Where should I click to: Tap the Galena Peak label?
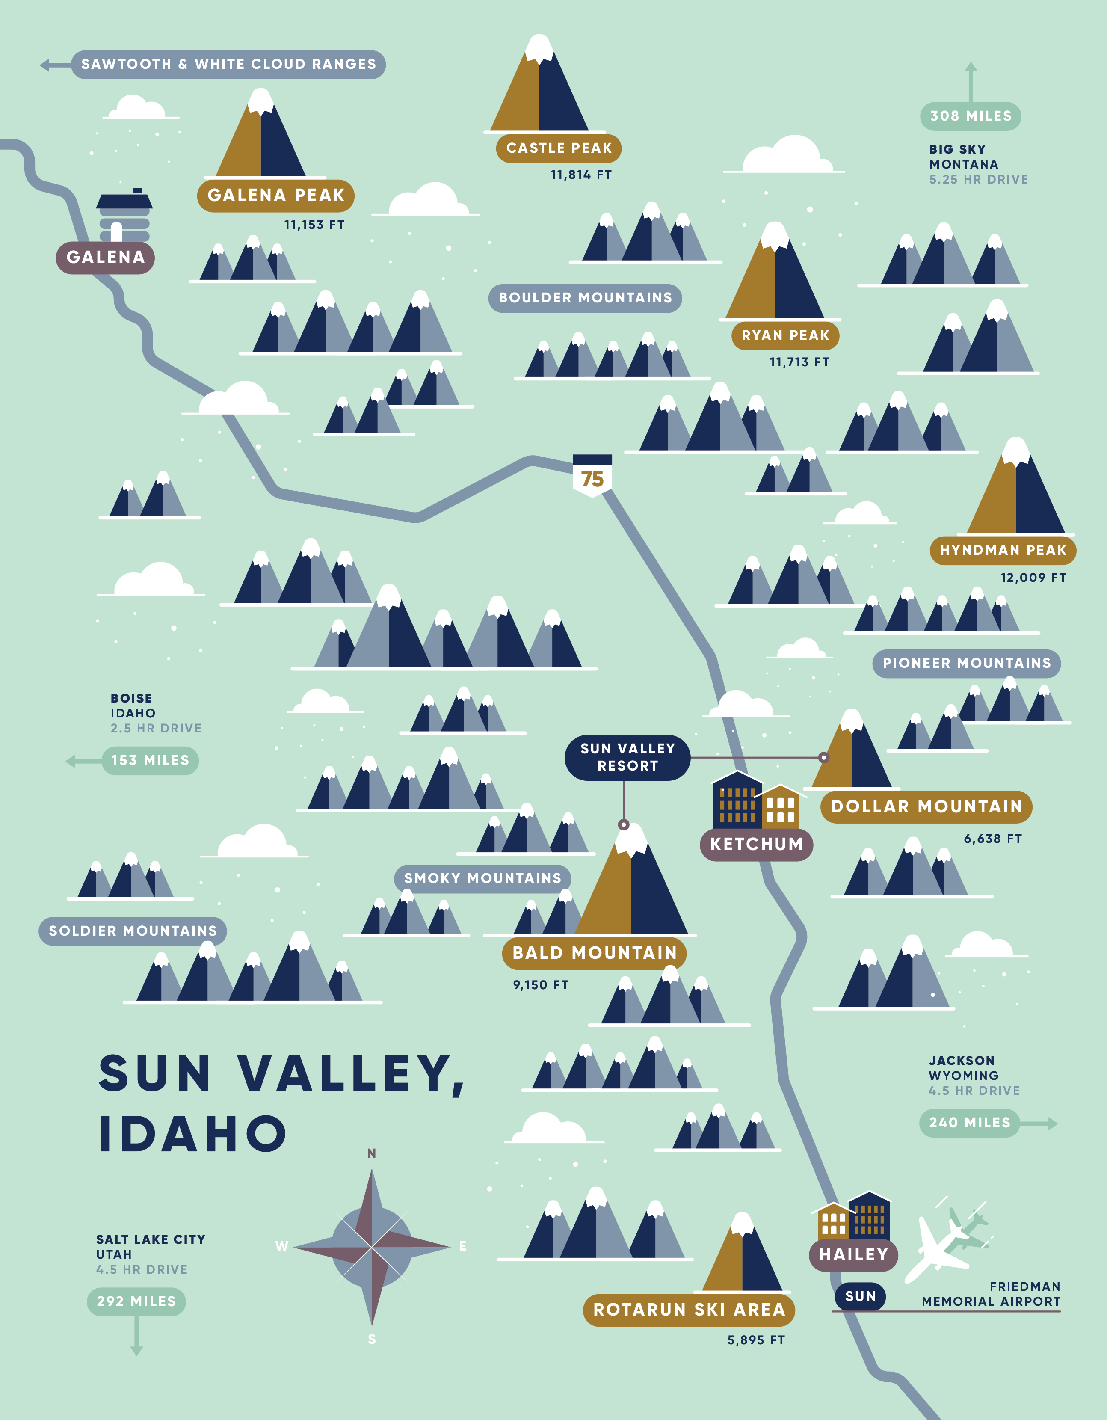point(275,195)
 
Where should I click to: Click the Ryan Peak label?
point(785,335)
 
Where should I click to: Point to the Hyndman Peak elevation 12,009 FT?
point(1033,577)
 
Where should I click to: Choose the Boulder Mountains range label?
point(585,298)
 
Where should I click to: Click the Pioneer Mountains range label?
point(966,663)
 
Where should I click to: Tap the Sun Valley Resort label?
point(627,757)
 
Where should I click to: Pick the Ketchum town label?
point(756,844)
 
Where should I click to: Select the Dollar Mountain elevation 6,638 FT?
point(993,839)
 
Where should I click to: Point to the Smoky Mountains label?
point(482,878)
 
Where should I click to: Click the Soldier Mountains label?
point(133,931)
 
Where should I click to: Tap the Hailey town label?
point(853,1254)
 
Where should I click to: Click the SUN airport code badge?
point(860,1296)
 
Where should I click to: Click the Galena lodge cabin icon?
point(124,216)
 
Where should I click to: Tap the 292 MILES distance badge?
point(136,1301)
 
